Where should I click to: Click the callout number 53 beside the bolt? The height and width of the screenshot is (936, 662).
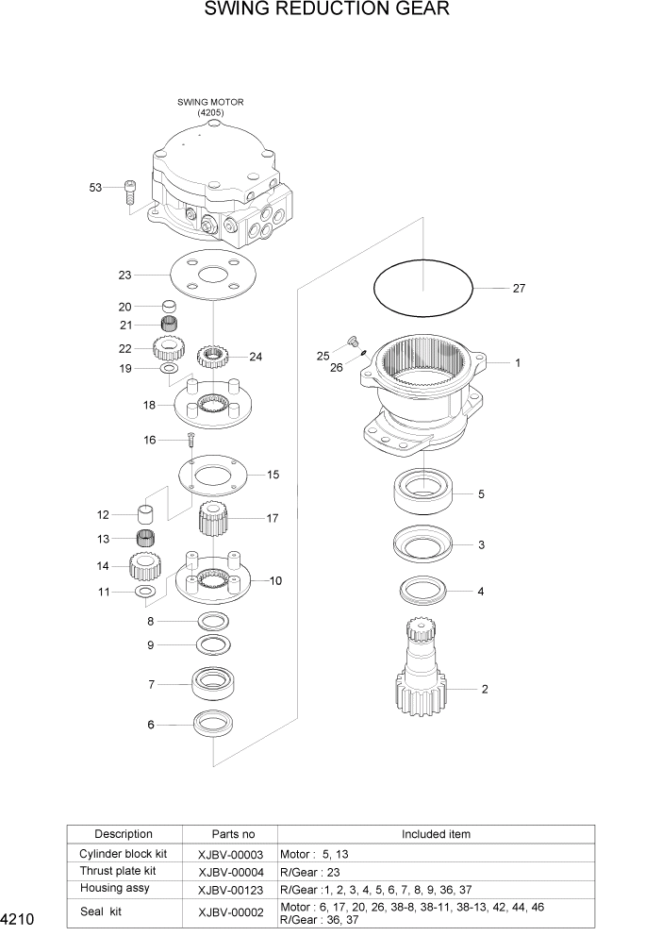click(95, 188)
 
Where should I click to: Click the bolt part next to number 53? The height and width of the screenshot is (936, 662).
click(129, 192)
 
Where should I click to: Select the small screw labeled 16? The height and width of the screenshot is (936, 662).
click(190, 439)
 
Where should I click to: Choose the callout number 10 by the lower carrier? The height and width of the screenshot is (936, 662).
click(276, 581)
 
